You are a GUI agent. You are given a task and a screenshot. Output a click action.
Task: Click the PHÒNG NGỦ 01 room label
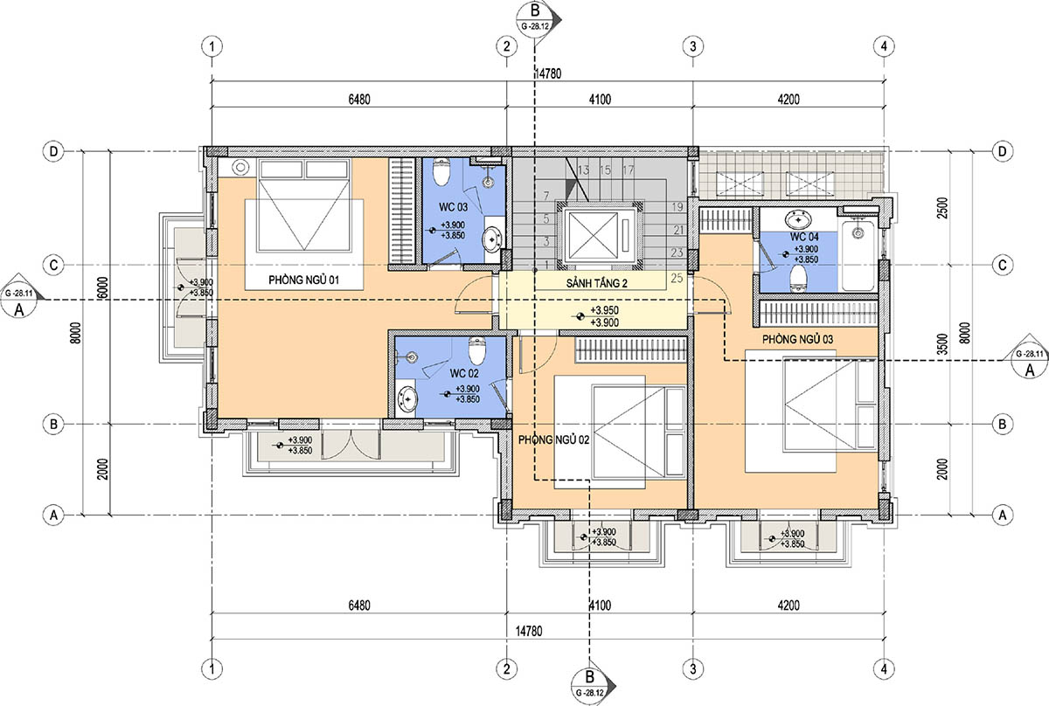click(303, 280)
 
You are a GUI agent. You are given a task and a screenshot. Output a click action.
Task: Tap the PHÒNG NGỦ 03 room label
click(797, 339)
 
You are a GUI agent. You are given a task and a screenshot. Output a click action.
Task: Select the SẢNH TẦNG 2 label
click(596, 283)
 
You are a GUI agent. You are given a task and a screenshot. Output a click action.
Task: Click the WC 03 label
click(453, 206)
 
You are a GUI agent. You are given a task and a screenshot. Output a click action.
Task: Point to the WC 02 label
click(464, 373)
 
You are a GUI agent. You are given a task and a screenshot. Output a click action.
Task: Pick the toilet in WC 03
click(441, 172)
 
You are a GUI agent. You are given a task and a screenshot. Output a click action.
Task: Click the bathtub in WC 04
click(858, 256)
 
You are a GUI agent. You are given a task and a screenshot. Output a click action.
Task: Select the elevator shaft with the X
click(600, 236)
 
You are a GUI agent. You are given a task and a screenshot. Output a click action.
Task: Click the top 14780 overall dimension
click(547, 73)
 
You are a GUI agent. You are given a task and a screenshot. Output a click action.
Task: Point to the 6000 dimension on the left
click(103, 288)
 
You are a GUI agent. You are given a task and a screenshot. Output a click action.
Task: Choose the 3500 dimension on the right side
click(942, 343)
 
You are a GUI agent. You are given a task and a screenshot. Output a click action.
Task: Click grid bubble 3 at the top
click(693, 46)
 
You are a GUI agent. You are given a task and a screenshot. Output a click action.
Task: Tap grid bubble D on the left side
click(54, 151)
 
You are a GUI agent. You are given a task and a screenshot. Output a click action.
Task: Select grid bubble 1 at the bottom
click(212, 668)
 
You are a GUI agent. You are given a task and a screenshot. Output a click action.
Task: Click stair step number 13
click(583, 170)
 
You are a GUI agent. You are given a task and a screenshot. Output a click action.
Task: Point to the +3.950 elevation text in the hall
click(604, 310)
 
